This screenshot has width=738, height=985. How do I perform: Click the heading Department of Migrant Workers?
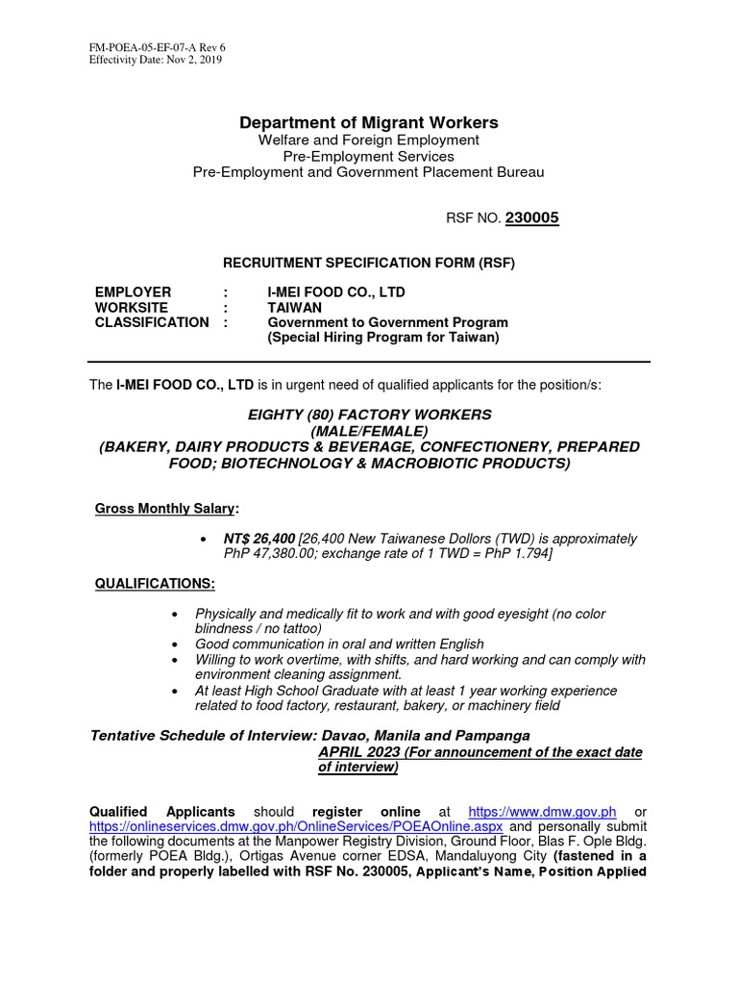pos(369,122)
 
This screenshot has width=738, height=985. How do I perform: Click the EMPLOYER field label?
pos(134,291)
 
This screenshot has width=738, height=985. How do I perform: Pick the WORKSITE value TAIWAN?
pos(296,307)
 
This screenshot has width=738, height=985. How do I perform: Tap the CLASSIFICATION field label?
pos(151,322)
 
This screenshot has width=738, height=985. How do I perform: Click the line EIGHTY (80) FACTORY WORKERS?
pos(369,415)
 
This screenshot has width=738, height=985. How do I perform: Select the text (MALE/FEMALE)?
pos(369,431)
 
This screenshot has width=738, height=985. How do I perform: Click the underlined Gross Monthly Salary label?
pos(166,508)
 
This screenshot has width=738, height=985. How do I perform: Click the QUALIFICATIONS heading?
pos(155,585)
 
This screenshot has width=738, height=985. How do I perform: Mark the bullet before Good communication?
pos(173,644)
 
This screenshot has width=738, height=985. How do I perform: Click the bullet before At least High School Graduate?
pos(173,691)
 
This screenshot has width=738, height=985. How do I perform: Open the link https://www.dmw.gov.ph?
pos(541,812)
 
